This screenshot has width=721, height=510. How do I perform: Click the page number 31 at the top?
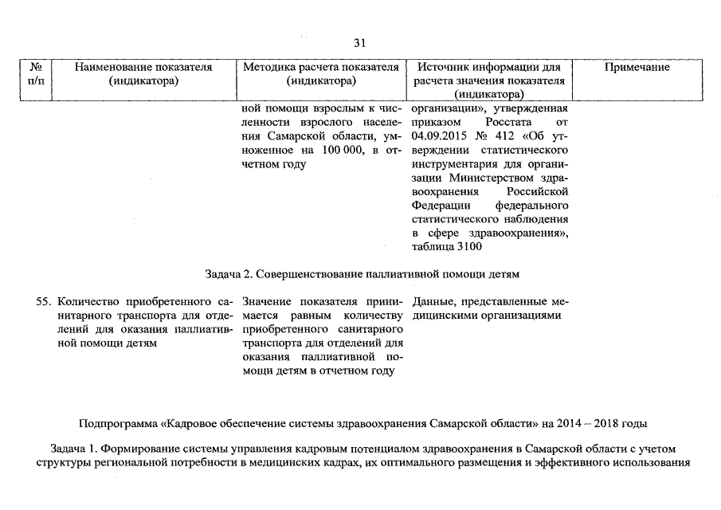(x=359, y=43)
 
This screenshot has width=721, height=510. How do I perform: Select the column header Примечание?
(x=636, y=68)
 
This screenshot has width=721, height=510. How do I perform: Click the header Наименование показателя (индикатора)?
(x=143, y=74)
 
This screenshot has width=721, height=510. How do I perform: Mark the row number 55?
(x=45, y=301)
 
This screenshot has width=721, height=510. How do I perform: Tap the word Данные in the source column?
(x=435, y=301)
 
